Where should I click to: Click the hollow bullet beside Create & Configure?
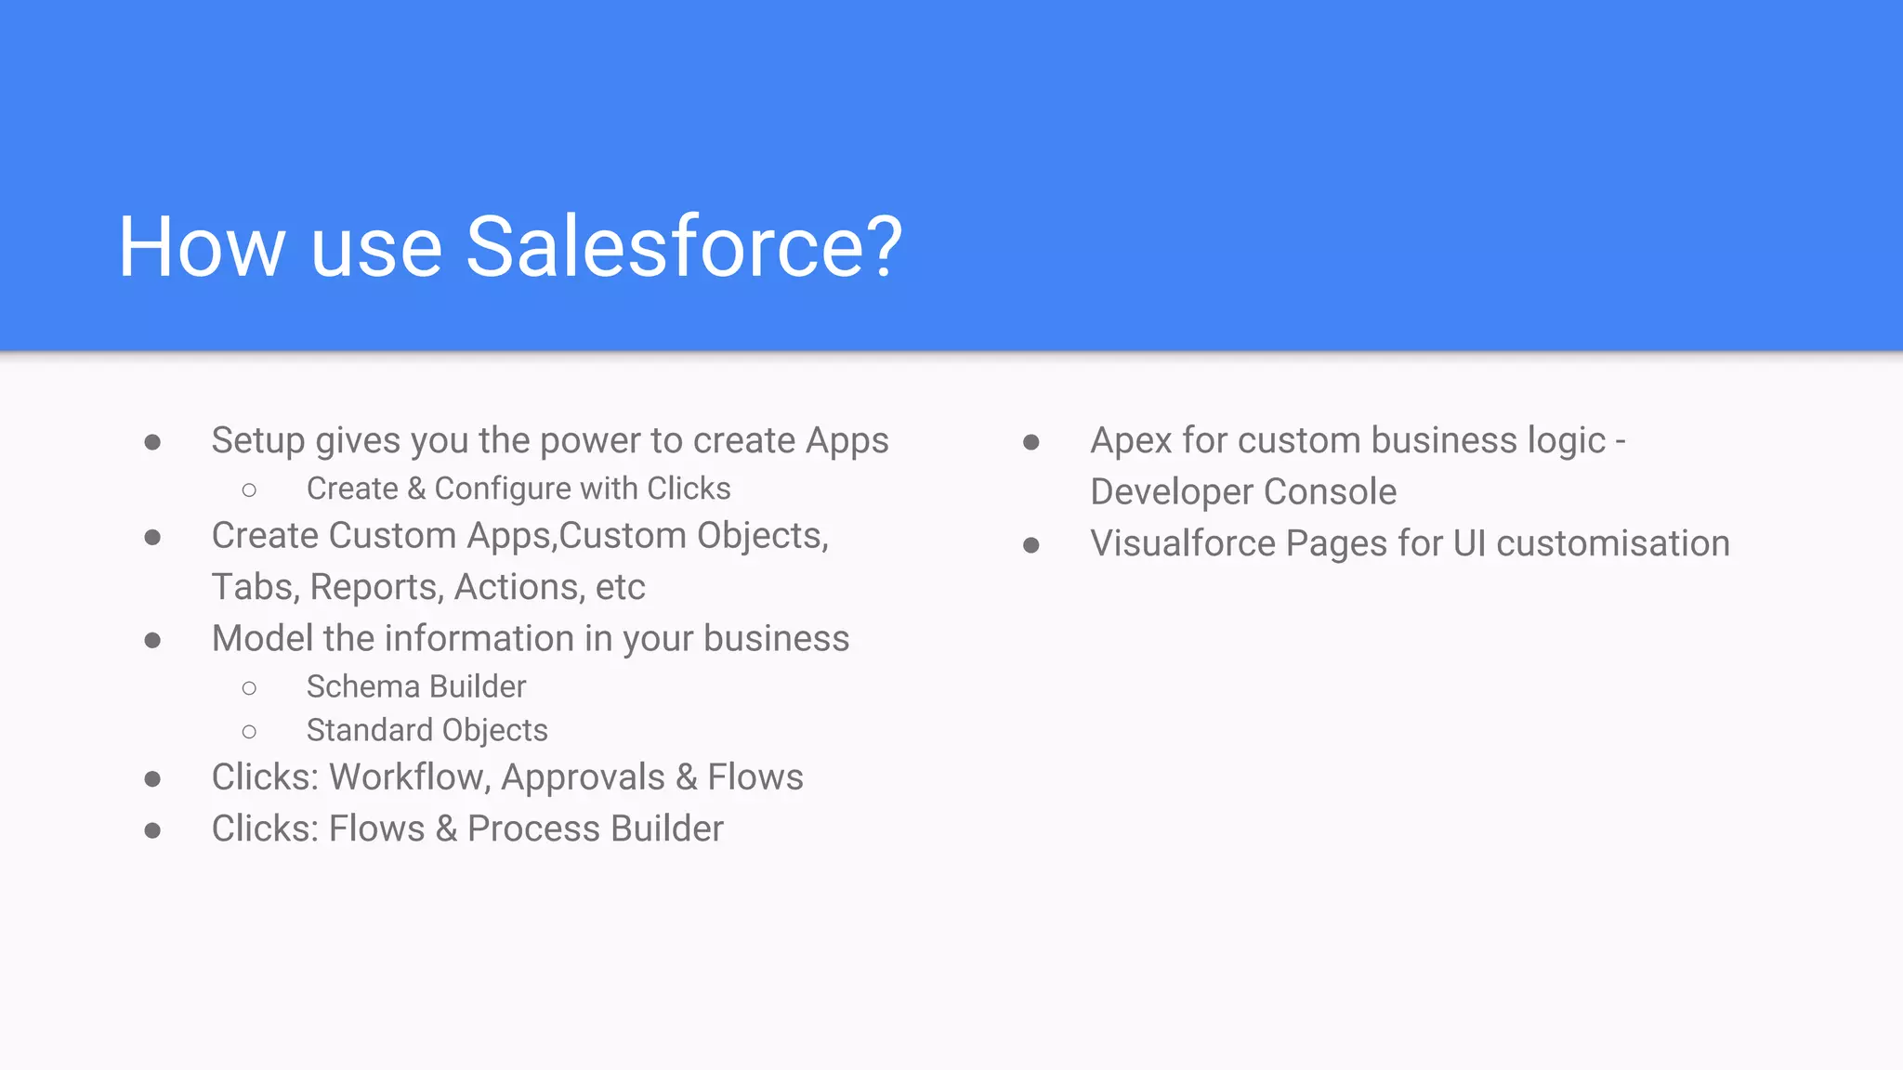(249, 489)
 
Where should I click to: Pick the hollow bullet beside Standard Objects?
(249, 732)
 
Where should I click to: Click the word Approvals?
(583, 778)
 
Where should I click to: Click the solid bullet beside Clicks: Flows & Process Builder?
(153, 829)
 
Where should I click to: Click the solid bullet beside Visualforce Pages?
(1031, 545)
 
